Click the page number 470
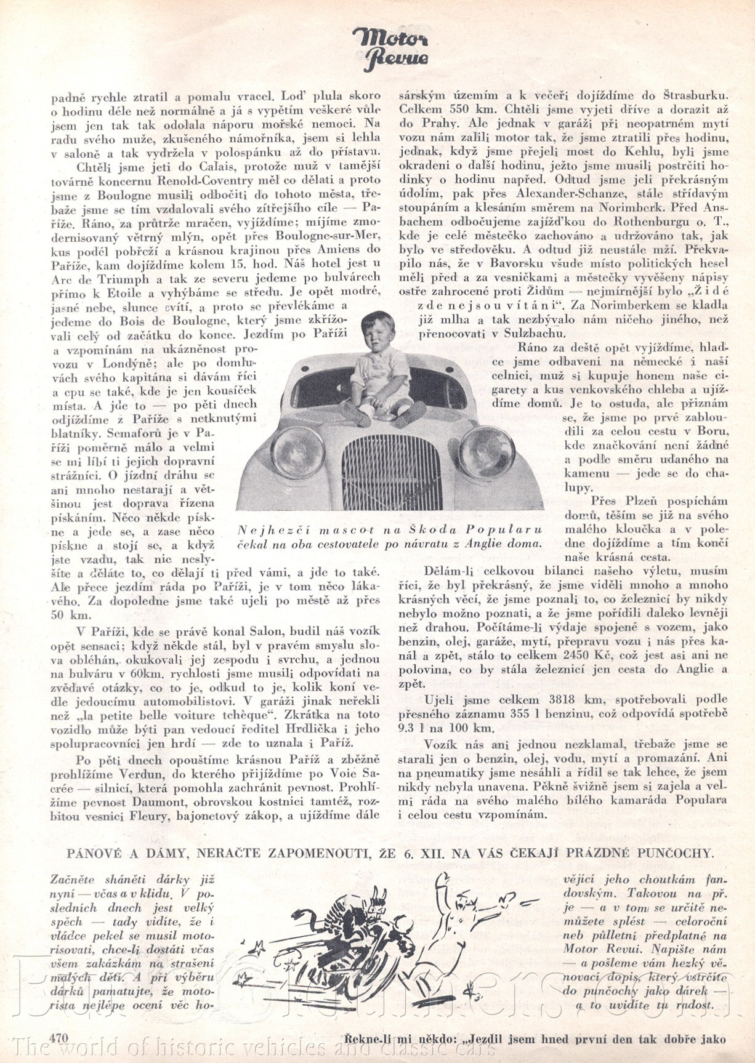point(59,1037)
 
